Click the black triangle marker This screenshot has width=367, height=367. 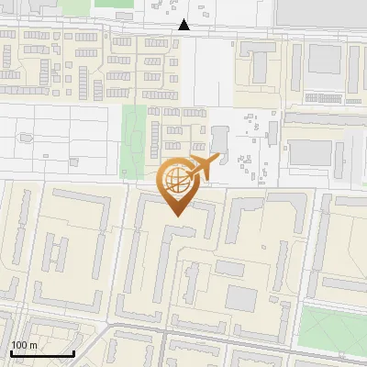coord(184,25)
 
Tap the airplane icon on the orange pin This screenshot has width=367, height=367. coord(201,167)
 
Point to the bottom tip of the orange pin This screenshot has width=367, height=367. coord(174,216)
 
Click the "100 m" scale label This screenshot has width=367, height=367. coord(24,345)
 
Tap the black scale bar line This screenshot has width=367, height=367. coord(41,353)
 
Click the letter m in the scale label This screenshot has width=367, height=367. coord(33,345)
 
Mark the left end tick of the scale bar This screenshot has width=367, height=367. coord(10,351)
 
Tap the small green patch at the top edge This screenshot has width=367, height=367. coord(112,4)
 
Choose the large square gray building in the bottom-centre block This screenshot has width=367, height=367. coord(241,298)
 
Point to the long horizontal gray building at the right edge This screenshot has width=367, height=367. coord(326,118)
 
